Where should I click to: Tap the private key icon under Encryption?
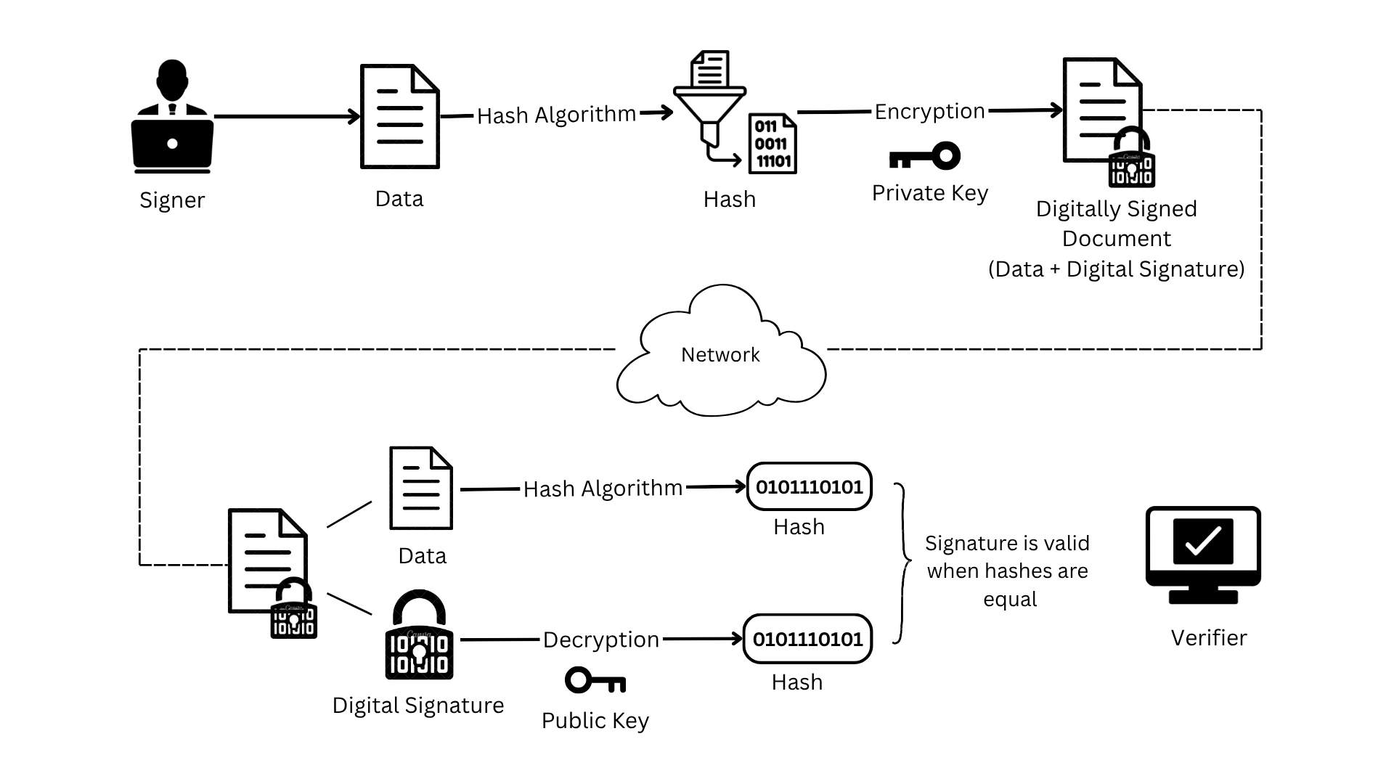click(x=925, y=157)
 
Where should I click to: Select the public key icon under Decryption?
click(x=595, y=681)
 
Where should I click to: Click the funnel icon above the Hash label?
click(x=709, y=102)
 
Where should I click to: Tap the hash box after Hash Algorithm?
click(x=809, y=487)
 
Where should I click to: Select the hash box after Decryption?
click(x=807, y=640)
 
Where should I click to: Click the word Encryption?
click(x=929, y=112)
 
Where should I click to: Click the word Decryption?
click(x=601, y=640)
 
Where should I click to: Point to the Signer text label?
click(x=172, y=200)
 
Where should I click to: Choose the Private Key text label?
click(x=930, y=193)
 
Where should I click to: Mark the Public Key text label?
click(x=595, y=721)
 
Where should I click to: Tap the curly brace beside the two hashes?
click(x=902, y=563)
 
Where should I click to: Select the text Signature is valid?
click(x=1007, y=544)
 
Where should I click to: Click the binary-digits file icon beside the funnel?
click(x=773, y=144)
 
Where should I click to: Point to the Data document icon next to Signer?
click(x=400, y=116)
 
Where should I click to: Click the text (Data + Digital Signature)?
click(x=1116, y=269)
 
